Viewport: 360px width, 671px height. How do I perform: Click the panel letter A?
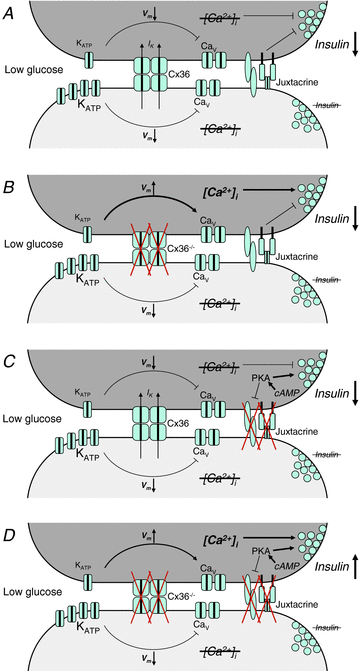tap(11, 13)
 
